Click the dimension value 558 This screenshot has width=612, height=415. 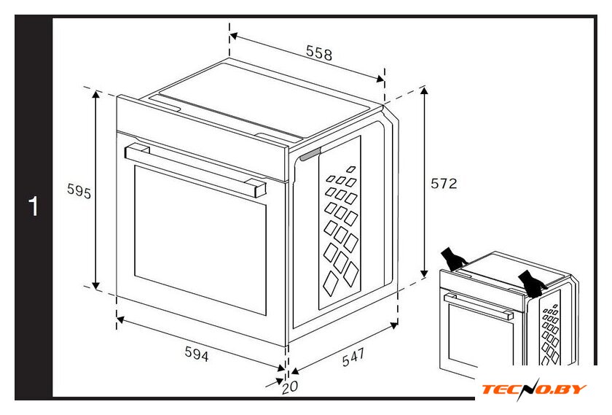coord(319,53)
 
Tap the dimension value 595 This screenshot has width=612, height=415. coord(79,190)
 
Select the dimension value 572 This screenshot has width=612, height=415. coord(444,183)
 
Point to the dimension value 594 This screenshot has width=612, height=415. coord(196,354)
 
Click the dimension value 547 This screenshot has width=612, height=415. coord(353,357)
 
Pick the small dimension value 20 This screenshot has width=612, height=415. coord(290,387)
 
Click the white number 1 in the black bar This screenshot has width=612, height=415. coord(34,206)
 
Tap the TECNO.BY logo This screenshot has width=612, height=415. coord(534,389)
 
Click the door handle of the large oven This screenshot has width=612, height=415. coord(195,171)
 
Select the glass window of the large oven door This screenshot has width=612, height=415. coord(200,240)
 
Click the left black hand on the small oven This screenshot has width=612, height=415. coord(453,259)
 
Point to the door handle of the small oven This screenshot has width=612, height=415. coord(479,307)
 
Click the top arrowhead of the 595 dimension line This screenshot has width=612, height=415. coord(96,94)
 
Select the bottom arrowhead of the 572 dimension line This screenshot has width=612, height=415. coord(424,274)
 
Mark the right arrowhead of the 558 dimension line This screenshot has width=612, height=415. coord(380,79)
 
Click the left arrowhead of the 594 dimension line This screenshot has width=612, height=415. coord(121,319)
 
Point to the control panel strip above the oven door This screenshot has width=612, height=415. coord(203,139)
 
